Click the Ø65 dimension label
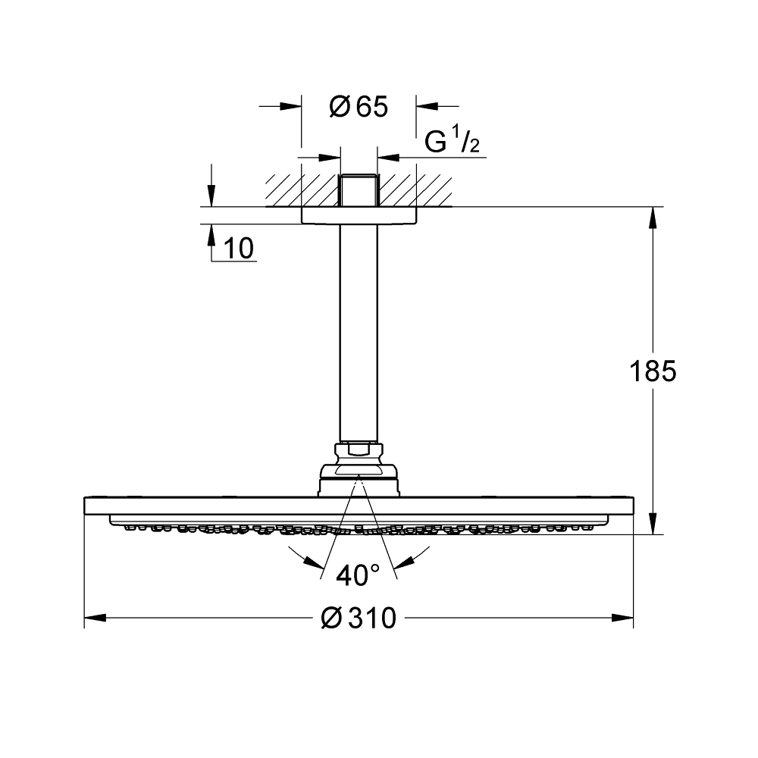pyautogui.click(x=359, y=108)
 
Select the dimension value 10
pyautogui.click(x=239, y=248)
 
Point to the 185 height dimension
pyautogui.click(x=653, y=371)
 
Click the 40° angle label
pyautogui.click(x=359, y=576)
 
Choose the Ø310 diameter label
pyautogui.click(x=359, y=619)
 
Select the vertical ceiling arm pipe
pyautogui.click(x=359, y=334)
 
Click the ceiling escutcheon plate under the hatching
pyautogui.click(x=359, y=215)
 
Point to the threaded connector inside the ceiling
pyautogui.click(x=359, y=191)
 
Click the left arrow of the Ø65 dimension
pyautogui.click(x=292, y=106)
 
